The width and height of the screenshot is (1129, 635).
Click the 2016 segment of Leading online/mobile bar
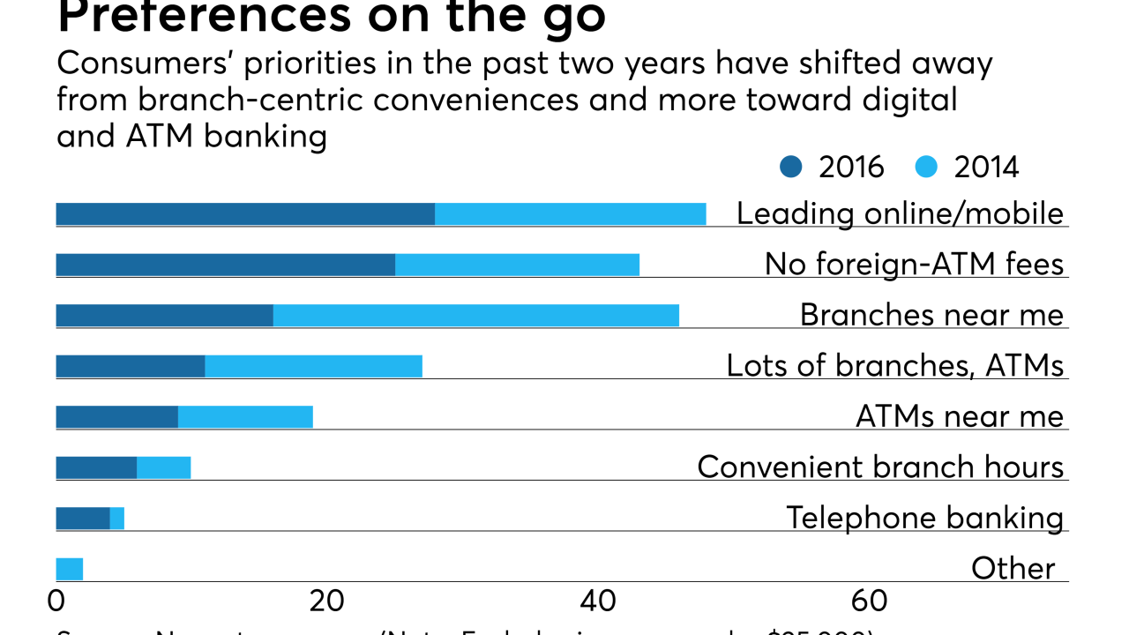245,214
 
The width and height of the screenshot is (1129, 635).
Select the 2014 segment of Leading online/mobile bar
570,214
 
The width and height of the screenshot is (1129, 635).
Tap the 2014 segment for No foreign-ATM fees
517,265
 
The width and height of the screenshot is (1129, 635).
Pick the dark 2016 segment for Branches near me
164,316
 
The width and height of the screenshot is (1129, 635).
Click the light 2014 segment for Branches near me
476,316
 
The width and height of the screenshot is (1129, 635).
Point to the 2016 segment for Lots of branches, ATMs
131,366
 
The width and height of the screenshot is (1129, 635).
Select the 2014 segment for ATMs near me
245,416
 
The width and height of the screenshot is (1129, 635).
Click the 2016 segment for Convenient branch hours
96,467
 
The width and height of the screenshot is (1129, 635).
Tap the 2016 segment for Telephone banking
83,518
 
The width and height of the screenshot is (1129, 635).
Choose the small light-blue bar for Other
69,569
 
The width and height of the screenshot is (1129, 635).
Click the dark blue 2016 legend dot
791,167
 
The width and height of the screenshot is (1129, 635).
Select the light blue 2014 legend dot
925,167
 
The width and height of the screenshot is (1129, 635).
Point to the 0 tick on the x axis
56,601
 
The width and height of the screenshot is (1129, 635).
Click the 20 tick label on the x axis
326,601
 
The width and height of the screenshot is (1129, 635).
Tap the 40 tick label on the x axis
598,601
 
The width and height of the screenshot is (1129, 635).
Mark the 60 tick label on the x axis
869,601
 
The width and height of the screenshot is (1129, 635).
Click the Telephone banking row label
924,518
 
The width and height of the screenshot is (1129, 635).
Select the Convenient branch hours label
880,467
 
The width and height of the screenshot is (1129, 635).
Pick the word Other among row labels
1013,569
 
